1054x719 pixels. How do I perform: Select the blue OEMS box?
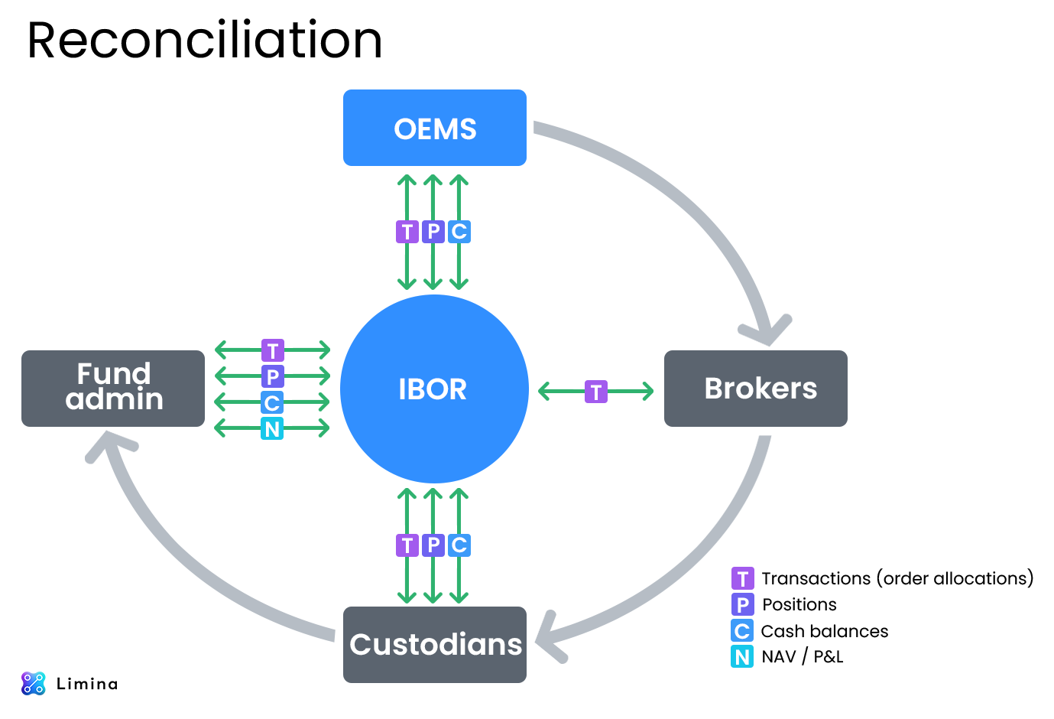(x=434, y=128)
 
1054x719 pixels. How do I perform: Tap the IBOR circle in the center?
(x=434, y=389)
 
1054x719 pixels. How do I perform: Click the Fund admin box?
(x=113, y=388)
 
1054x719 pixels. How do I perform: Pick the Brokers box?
(x=755, y=388)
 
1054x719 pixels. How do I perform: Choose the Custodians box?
(x=434, y=644)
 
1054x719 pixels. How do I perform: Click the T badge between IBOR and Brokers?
(x=596, y=392)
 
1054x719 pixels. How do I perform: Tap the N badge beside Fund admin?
(x=272, y=428)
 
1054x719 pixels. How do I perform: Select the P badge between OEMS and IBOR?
(x=433, y=231)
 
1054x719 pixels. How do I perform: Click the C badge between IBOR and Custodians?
(x=459, y=545)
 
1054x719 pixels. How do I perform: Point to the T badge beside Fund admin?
(x=272, y=351)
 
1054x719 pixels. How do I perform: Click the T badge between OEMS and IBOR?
(x=407, y=231)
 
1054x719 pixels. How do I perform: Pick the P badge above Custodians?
(x=433, y=545)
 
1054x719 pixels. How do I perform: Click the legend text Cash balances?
(x=824, y=631)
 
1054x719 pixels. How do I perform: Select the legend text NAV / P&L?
(x=803, y=656)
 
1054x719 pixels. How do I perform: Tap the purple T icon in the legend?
(x=742, y=578)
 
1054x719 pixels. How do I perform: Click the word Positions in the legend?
(x=799, y=604)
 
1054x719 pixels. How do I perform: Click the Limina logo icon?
(x=34, y=683)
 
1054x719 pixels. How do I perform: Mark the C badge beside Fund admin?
(x=272, y=402)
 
